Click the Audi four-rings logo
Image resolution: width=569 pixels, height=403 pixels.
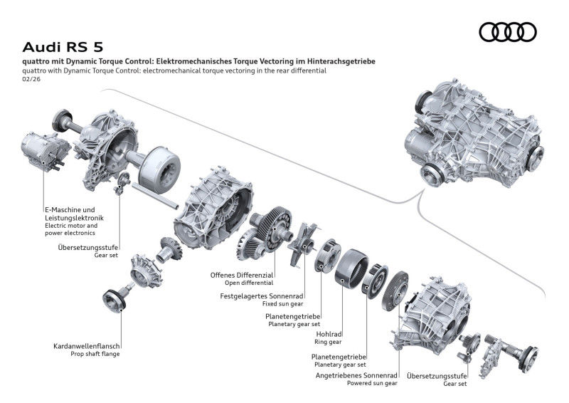pyautogui.click(x=508, y=31)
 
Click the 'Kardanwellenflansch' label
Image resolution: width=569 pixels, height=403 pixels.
pyautogui.click(x=85, y=346)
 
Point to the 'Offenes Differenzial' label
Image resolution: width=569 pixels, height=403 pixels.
pyautogui.click(x=241, y=275)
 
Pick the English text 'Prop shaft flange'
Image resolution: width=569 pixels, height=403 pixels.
pyautogui.click(x=95, y=354)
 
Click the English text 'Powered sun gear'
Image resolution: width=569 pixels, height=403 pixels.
pyautogui.click(x=372, y=382)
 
